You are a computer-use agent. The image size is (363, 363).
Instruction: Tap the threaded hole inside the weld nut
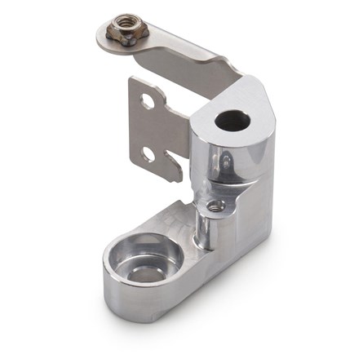click(x=126, y=30)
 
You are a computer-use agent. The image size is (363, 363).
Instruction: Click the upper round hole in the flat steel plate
click(x=147, y=101)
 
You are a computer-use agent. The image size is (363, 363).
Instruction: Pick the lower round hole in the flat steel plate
click(x=147, y=153)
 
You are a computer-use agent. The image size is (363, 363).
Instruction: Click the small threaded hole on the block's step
click(x=215, y=206)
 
